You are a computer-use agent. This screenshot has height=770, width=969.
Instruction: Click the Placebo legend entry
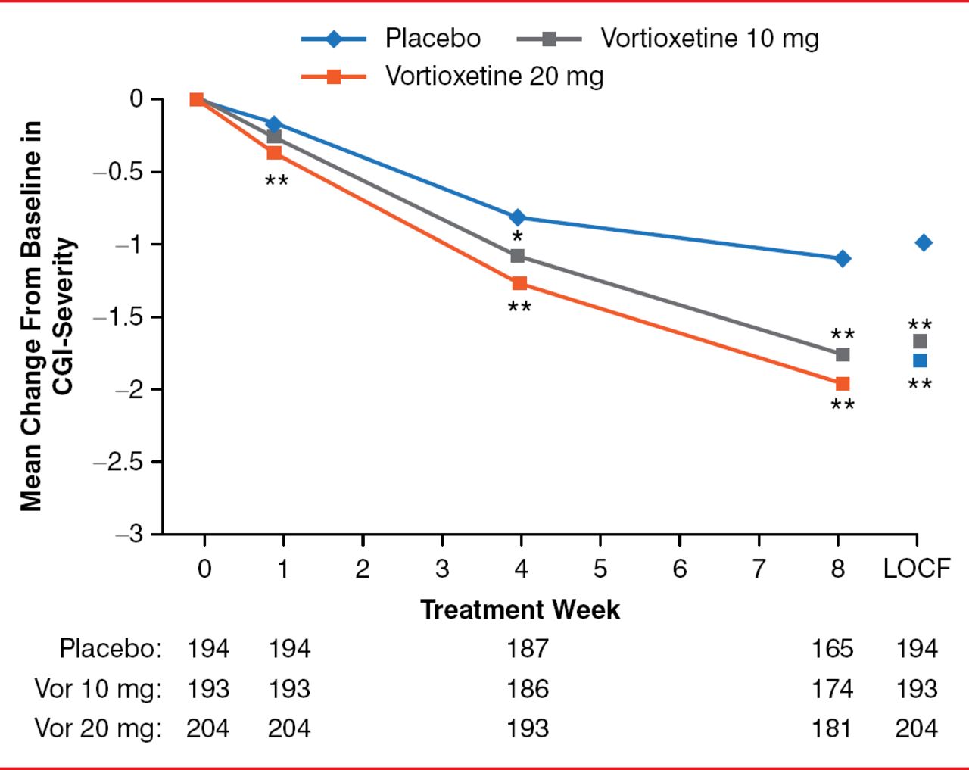pyautogui.click(x=432, y=38)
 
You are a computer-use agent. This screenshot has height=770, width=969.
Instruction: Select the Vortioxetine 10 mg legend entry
pyautogui.click(x=709, y=38)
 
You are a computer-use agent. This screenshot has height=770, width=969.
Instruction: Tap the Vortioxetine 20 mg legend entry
pyautogui.click(x=494, y=76)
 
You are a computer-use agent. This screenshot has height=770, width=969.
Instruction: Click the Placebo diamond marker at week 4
pyautogui.click(x=518, y=218)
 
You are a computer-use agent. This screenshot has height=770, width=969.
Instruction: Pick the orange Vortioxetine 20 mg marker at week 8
pyautogui.click(x=843, y=384)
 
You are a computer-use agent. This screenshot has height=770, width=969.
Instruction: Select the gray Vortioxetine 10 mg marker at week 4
pyautogui.click(x=518, y=256)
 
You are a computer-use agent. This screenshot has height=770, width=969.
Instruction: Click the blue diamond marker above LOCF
pyautogui.click(x=924, y=243)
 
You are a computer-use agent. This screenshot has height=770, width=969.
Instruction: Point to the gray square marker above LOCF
pyautogui.click(x=920, y=341)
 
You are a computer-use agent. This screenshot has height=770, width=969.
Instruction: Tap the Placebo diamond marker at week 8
pyautogui.click(x=842, y=259)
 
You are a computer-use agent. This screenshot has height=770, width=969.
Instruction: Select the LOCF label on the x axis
pyautogui.click(x=917, y=569)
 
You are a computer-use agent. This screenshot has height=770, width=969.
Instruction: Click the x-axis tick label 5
pyautogui.click(x=600, y=569)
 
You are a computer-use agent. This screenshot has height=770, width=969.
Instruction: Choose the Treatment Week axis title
pyautogui.click(x=520, y=609)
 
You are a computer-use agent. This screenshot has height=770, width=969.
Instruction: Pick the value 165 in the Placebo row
pyautogui.click(x=832, y=649)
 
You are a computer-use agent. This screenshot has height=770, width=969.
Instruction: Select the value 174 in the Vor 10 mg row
pyautogui.click(x=832, y=689)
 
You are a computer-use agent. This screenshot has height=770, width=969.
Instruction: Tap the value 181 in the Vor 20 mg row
pyautogui.click(x=832, y=728)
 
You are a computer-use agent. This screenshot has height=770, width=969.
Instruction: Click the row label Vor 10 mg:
pyautogui.click(x=98, y=689)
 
